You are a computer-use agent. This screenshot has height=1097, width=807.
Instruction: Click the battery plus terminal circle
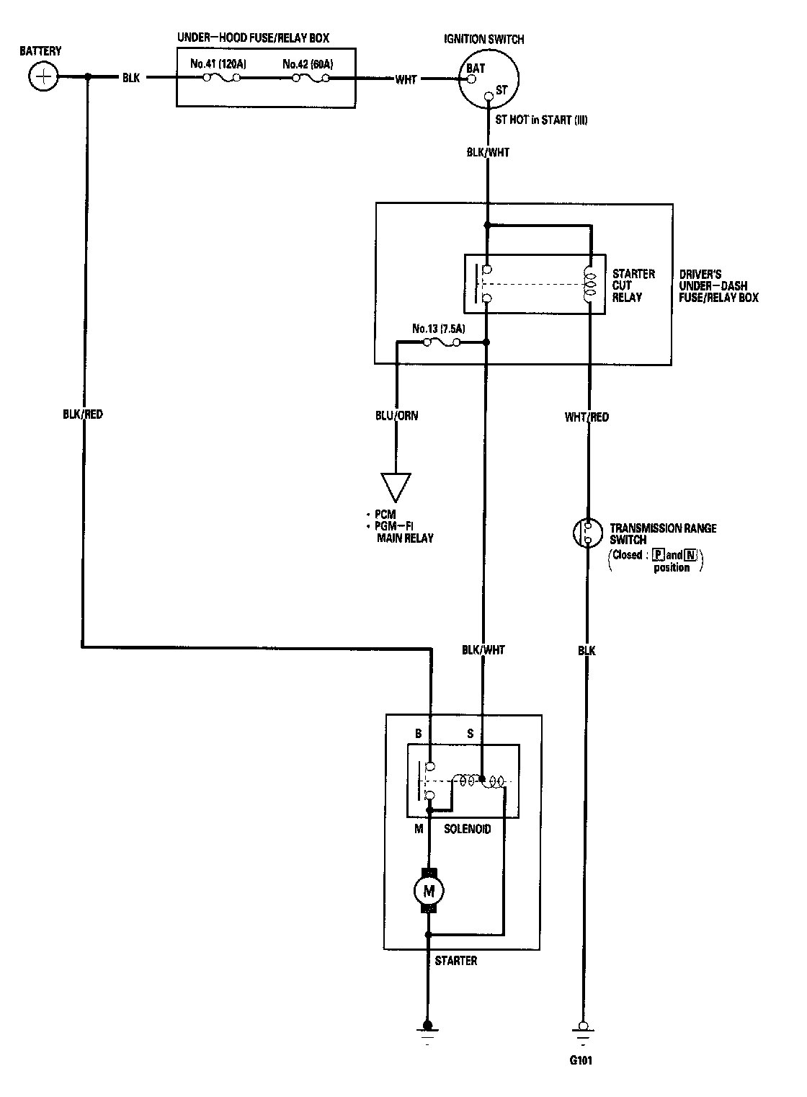pos(44,76)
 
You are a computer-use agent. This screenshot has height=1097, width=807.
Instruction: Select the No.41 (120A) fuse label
pos(218,64)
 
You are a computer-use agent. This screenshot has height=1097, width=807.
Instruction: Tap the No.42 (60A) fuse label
pos(308,64)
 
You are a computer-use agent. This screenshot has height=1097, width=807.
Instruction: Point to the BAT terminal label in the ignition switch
pos(476,68)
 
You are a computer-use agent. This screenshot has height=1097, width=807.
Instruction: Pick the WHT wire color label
pos(406,79)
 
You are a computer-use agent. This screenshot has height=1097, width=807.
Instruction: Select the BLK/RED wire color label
pos(83,414)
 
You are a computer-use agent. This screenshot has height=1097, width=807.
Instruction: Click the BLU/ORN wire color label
pos(396,415)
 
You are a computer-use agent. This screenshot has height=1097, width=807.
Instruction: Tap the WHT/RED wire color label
pos(587,417)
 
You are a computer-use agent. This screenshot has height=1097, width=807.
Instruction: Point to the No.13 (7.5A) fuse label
pos(439,329)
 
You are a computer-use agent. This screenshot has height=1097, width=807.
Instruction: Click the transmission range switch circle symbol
pos(587,533)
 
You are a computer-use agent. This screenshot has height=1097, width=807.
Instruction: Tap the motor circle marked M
pos(429,891)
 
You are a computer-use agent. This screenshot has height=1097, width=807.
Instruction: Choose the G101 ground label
pos(581,1060)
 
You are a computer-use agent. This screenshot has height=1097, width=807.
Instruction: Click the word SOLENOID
pos(467,829)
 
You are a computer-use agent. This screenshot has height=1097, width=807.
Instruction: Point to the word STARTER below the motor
pos(455,961)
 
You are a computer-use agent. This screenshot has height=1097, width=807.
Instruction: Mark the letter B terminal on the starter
pos(418,734)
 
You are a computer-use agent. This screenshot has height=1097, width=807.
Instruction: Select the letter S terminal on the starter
pos(471,734)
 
